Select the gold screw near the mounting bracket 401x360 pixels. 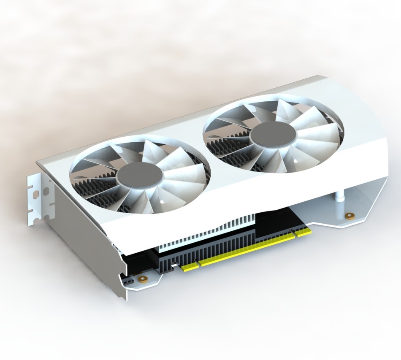143,279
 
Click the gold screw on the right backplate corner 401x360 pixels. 349,216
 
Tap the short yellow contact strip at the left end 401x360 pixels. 190,266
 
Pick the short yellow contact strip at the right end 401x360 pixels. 303,231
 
